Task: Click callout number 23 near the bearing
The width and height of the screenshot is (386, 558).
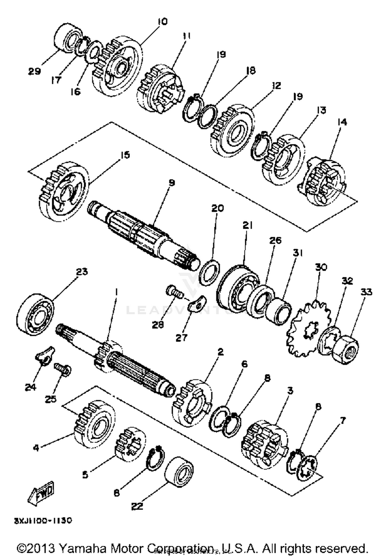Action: click(82, 272)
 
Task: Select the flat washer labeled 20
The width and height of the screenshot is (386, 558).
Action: click(210, 273)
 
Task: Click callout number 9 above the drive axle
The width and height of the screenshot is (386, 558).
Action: click(171, 183)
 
